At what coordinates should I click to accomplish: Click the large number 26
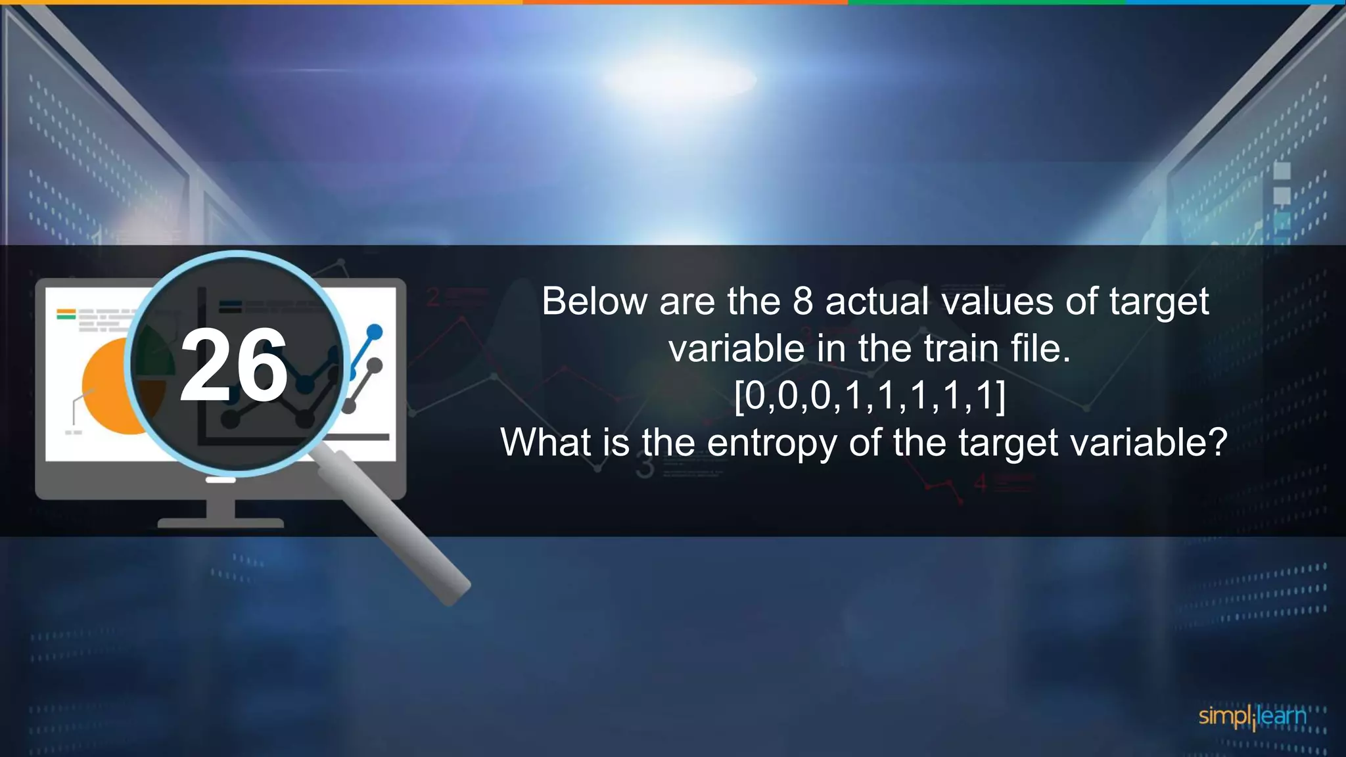click(x=233, y=365)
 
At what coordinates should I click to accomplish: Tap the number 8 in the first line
click(x=802, y=302)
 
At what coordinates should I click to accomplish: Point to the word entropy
click(x=772, y=443)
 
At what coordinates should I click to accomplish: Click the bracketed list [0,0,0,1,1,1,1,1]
click(x=870, y=396)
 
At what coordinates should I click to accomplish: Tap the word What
click(x=545, y=442)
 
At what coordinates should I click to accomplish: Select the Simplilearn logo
click(x=1252, y=717)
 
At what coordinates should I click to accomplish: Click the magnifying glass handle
click(x=401, y=526)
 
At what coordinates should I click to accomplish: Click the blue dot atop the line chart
click(x=375, y=331)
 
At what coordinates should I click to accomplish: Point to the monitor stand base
click(x=220, y=522)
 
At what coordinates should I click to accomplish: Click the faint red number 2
click(x=433, y=298)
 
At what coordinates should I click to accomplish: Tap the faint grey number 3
click(x=645, y=467)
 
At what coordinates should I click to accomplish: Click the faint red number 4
click(x=980, y=483)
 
